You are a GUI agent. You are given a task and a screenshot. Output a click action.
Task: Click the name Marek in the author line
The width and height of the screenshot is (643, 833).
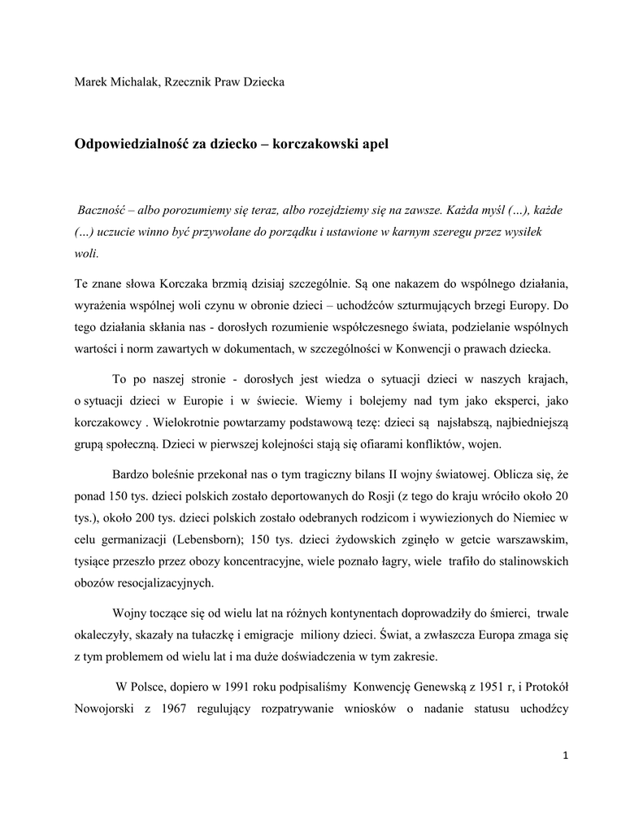click(91, 83)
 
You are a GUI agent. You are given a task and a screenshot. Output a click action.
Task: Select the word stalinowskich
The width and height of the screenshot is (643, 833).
click(528, 562)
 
